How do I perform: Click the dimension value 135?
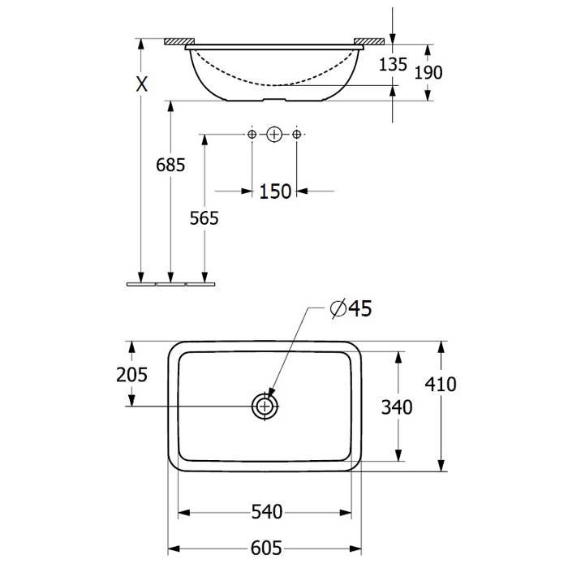(393, 64)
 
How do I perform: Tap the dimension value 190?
(428, 72)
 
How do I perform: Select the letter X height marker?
(142, 84)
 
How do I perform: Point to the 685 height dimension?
(170, 165)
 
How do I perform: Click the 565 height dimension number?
(204, 218)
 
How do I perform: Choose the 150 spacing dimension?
(275, 191)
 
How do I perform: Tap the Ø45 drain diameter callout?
(351, 308)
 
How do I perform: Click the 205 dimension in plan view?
(131, 375)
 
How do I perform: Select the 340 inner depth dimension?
(397, 407)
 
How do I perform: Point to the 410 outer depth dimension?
(441, 384)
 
